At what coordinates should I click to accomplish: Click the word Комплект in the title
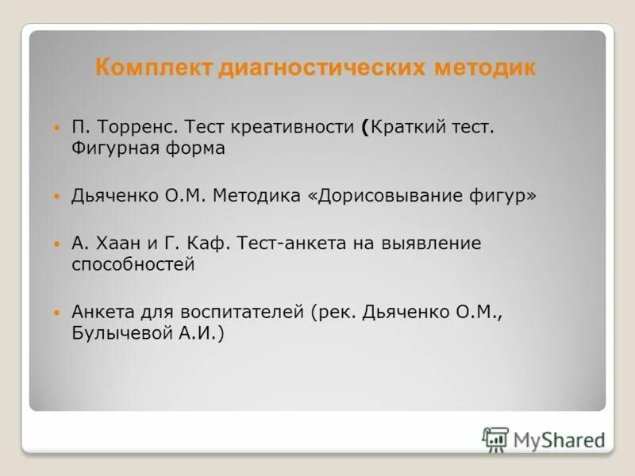click(144, 68)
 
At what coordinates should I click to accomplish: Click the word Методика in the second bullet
click(257, 196)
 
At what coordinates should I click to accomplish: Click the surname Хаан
click(116, 244)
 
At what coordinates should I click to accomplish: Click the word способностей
click(133, 265)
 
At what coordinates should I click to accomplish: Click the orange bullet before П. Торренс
click(56, 128)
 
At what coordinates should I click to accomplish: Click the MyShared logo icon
click(495, 439)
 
